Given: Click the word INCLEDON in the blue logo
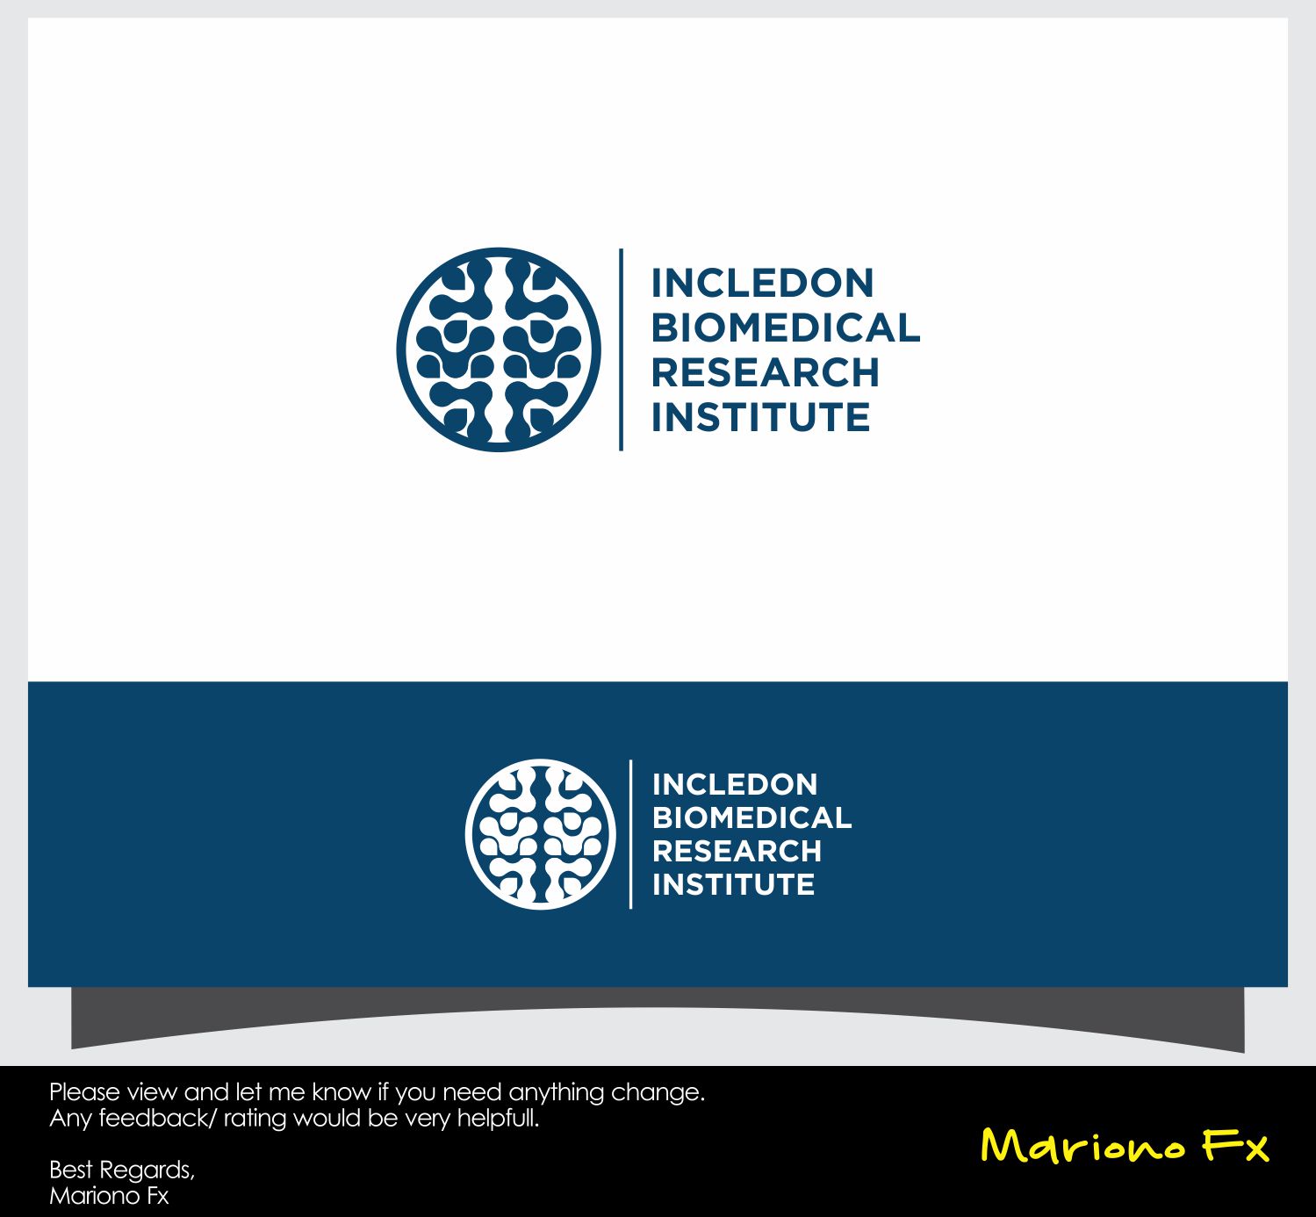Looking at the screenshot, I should [762, 284].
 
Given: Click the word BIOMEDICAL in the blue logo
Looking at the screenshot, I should [785, 328].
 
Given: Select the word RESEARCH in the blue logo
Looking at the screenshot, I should [765, 373].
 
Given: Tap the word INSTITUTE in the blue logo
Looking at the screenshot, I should [760, 418].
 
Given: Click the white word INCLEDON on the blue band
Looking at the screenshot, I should [735, 784].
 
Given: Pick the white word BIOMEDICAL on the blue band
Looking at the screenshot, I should [751, 817].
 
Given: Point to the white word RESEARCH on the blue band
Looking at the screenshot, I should [737, 851].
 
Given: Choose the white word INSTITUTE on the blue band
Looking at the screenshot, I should [733, 884].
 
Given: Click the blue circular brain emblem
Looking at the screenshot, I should [499, 349].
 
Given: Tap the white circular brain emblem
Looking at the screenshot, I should [541, 834].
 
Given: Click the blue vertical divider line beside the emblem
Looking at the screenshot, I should [622, 349].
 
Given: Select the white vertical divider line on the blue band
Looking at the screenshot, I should [631, 834].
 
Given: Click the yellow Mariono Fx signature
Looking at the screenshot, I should [1124, 1146].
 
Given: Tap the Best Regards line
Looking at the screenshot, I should [122, 1170].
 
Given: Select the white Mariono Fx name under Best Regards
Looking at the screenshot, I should [109, 1196].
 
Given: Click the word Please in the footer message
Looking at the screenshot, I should [84, 1092].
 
